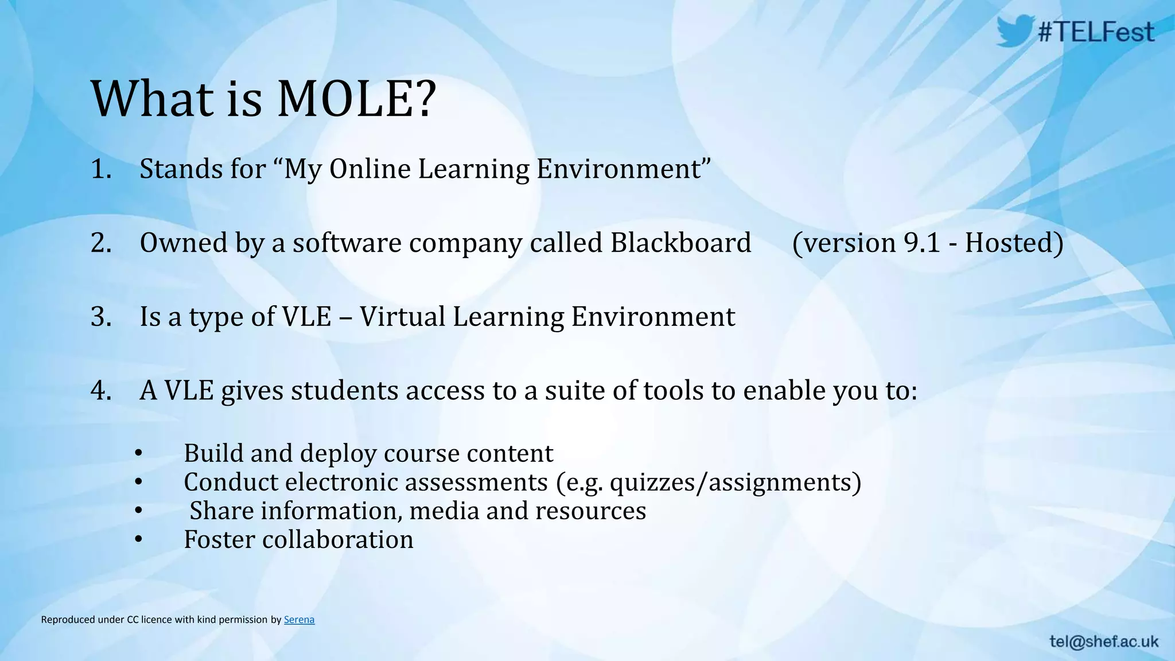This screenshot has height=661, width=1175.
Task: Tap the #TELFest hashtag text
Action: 1096,32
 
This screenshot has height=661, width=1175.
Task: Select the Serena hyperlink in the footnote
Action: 299,620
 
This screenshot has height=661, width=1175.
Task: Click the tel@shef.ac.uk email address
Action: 1104,641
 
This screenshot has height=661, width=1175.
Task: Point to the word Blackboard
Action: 680,243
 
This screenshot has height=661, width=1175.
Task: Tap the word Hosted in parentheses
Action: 1009,243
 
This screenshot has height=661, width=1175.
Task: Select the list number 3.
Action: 100,317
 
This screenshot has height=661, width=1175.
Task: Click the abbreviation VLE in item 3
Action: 307,317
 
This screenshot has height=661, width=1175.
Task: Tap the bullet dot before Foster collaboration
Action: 138,539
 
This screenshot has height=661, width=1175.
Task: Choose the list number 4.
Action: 100,391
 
